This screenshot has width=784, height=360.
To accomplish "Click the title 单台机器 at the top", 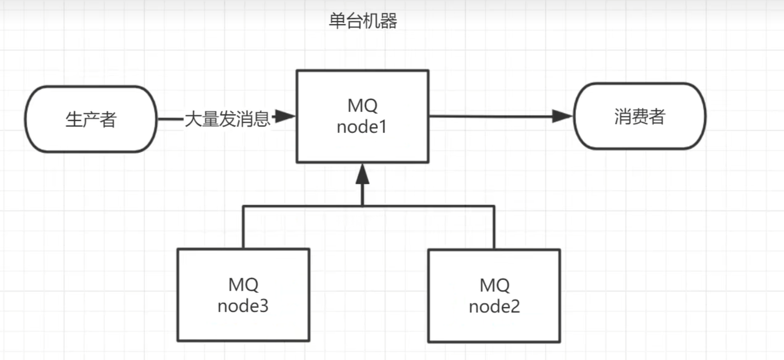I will (363, 21).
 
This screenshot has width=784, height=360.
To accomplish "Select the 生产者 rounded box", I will (91, 119).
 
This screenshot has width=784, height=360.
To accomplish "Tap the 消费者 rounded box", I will (640, 116).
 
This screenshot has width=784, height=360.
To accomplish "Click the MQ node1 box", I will (362, 116).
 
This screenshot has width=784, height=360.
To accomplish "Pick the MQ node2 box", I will (494, 296).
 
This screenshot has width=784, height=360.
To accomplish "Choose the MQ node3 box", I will (243, 295).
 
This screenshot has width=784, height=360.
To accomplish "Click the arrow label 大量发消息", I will (227, 119).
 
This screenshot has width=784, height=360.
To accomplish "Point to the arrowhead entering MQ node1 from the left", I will (285, 116).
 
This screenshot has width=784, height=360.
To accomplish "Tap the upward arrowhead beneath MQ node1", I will (362, 175).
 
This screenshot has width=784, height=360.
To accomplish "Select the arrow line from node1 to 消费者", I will (491, 116).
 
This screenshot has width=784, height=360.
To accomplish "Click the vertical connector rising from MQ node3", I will (243, 227).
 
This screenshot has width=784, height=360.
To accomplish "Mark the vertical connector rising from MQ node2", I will (494, 227).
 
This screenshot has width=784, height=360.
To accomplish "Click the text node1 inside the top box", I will (361, 127).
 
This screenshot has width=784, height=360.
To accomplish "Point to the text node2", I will (494, 306).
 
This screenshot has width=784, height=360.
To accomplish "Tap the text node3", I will (243, 306).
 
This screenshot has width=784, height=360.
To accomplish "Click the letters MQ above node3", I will (243, 284).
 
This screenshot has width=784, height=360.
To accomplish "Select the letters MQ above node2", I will (494, 285).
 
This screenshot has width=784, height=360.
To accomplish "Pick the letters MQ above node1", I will (362, 106).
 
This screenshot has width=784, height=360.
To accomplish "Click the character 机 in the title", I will (371, 21).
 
